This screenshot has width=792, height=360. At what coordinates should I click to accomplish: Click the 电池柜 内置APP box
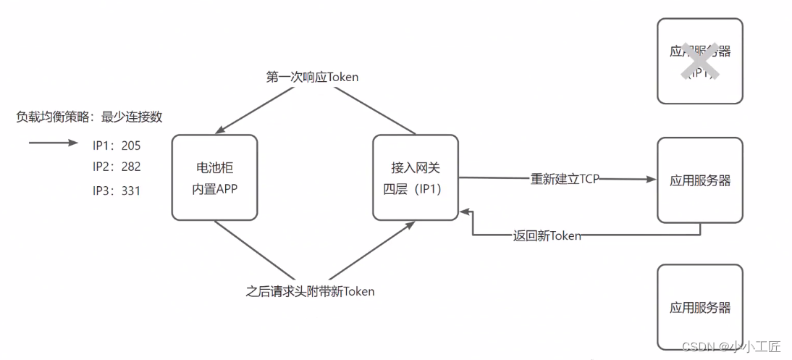point(214,177)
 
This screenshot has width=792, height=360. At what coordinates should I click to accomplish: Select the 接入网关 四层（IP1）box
point(415,177)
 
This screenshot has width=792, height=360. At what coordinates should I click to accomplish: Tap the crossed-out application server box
point(699,61)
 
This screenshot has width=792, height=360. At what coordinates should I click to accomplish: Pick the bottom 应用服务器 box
point(699,307)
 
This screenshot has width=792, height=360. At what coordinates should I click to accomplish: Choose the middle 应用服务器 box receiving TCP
point(699,180)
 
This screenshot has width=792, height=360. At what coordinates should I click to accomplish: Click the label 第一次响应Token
point(312,77)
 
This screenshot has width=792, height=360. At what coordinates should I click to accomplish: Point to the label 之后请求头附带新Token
point(310,292)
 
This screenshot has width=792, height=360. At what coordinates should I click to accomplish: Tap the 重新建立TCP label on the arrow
point(565,179)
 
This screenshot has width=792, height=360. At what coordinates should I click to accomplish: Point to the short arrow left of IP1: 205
point(53,143)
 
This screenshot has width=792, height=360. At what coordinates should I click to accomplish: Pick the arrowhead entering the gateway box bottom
point(410,225)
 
